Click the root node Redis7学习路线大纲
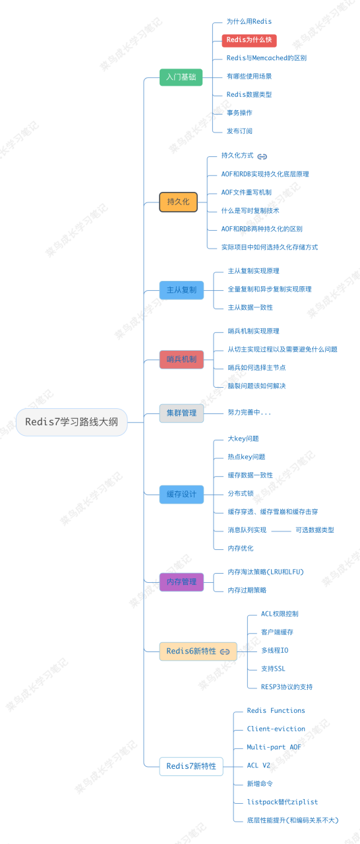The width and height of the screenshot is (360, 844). (71, 422)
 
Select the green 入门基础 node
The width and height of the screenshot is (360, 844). (181, 77)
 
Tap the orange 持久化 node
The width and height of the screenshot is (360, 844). (178, 202)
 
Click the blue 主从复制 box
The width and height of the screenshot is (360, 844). (181, 289)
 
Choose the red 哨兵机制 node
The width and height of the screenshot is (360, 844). (181, 359)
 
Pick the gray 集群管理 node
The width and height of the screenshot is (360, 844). (181, 413)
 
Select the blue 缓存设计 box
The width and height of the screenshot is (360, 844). (181, 494)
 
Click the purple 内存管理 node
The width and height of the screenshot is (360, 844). (181, 582)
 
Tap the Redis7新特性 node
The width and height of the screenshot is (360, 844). (191, 766)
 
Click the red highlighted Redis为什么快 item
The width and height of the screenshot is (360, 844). (249, 40)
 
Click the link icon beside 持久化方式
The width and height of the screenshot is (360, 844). (262, 156)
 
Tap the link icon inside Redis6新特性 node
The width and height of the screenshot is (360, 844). (225, 651)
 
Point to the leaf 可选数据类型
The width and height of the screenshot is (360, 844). (315, 529)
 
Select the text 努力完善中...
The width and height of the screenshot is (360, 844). (249, 413)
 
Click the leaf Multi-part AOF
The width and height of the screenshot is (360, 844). (274, 747)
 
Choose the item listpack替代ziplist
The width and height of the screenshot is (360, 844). (282, 802)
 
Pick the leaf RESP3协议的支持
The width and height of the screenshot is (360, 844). (286, 686)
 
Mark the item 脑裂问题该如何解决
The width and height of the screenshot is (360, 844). (256, 386)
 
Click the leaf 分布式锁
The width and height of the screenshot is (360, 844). (240, 493)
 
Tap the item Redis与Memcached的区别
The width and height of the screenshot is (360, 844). (266, 58)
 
